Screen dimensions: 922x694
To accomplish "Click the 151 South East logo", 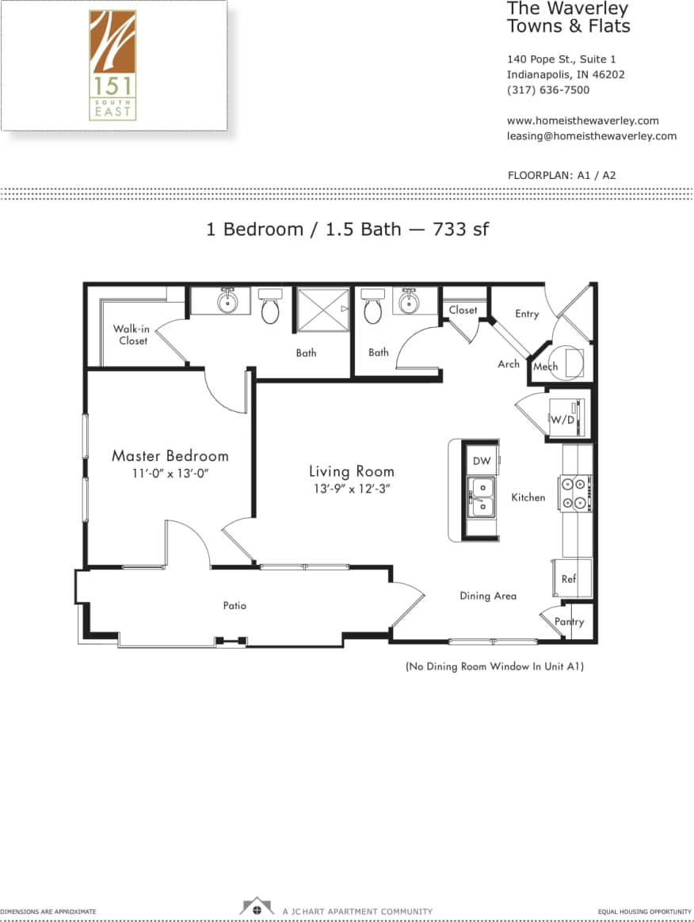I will click(x=112, y=65).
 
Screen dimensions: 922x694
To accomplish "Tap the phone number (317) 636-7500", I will click(x=548, y=90).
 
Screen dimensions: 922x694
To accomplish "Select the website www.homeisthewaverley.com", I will click(x=582, y=121).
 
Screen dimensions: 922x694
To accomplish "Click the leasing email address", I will click(x=591, y=136).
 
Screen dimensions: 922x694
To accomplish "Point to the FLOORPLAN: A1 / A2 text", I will click(x=561, y=175).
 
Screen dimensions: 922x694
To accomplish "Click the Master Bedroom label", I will click(x=170, y=456).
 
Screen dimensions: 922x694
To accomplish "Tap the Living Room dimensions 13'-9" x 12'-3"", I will click(x=350, y=490).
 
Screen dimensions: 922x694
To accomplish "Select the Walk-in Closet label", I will click(x=130, y=334).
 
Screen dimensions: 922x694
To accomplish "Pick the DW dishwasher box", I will click(x=482, y=461).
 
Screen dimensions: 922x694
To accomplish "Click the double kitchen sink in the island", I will click(x=481, y=497).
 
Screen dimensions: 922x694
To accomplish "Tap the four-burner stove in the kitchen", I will click(x=577, y=492).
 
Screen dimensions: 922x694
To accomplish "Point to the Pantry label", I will click(x=569, y=622).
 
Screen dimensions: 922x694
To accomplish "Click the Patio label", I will click(x=235, y=606).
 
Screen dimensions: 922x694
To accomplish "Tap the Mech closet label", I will click(x=545, y=367).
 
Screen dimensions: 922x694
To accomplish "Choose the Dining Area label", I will click(x=488, y=596).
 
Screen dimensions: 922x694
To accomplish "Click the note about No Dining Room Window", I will click(x=494, y=667).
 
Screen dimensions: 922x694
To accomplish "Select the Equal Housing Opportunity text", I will click(x=644, y=912).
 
